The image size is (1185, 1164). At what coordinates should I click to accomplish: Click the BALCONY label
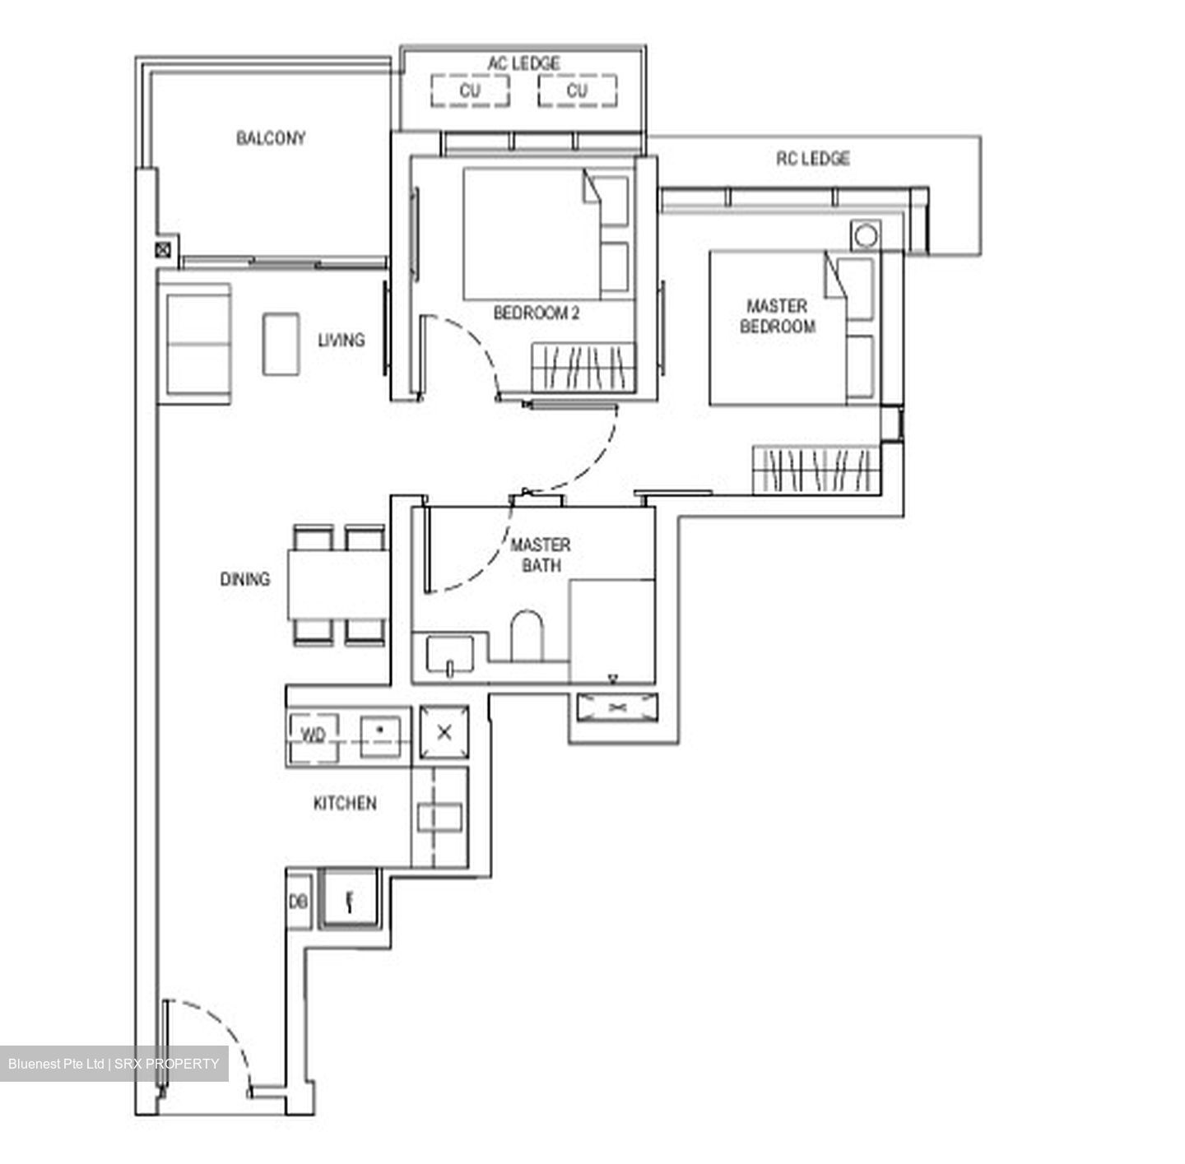pyautogui.click(x=271, y=138)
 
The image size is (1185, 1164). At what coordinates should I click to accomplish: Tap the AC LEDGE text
pyautogui.click(x=523, y=63)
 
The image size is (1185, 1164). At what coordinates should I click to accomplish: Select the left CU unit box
pyautogui.click(x=469, y=90)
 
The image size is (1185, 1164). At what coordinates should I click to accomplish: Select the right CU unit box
pyautogui.click(x=577, y=90)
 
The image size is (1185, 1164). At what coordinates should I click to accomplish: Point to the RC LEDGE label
pyautogui.click(x=812, y=158)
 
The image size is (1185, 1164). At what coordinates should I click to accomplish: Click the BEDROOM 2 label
pyautogui.click(x=536, y=313)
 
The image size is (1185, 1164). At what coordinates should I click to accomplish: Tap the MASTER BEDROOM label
pyautogui.click(x=777, y=316)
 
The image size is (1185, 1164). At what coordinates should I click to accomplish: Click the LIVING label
pyautogui.click(x=341, y=340)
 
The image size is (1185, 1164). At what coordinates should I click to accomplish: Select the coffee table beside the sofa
pyautogui.click(x=281, y=343)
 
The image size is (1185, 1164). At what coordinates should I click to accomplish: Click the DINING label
pyautogui.click(x=244, y=579)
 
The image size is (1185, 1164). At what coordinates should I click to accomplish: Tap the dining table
pyautogui.click(x=337, y=585)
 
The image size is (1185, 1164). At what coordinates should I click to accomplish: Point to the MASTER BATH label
pyautogui.click(x=540, y=555)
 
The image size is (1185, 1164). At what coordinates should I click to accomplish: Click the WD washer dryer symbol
pyautogui.click(x=313, y=735)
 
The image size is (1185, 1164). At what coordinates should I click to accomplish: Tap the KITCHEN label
pyautogui.click(x=345, y=803)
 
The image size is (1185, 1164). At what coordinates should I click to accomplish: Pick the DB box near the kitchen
pyautogui.click(x=298, y=902)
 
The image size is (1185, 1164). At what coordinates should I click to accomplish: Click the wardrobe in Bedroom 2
pyautogui.click(x=583, y=367)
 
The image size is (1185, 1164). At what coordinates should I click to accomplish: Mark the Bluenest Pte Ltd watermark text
pyautogui.click(x=114, y=1064)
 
